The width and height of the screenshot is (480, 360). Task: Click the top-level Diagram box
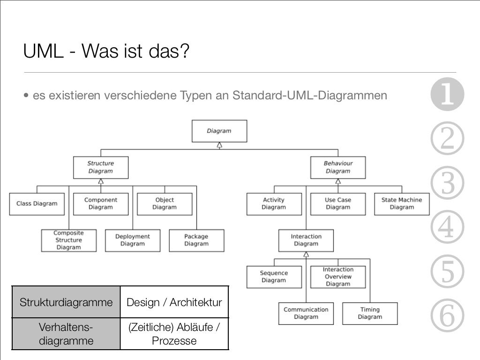coord(219,131)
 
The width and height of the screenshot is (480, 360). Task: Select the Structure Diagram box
coord(100,167)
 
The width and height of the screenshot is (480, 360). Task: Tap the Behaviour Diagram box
coord(338,167)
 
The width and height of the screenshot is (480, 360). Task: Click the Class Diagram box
coord(37,204)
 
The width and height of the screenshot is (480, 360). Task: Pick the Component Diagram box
coord(101,204)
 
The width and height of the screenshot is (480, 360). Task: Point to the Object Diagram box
coord(165,204)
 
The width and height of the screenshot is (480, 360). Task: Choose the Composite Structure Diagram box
coord(68,240)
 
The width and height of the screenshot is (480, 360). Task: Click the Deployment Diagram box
coord(133,240)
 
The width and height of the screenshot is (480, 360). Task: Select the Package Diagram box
coord(196,240)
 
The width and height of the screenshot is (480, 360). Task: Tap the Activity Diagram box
coord(274,204)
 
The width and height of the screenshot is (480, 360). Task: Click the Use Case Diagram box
coord(338,204)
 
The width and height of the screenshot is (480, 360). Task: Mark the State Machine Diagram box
coord(402,204)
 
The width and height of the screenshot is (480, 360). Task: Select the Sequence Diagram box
coord(274,277)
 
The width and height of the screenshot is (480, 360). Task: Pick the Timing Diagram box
coord(370,314)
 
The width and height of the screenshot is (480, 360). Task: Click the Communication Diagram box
coord(306,314)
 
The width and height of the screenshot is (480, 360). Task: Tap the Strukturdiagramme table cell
coord(66,302)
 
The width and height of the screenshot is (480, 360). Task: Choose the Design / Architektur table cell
coord(174,302)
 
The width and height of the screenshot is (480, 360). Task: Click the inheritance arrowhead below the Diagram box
coord(219,145)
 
